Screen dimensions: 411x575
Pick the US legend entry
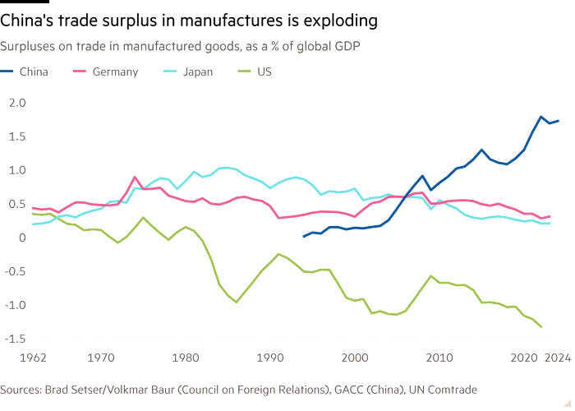coord(264,72)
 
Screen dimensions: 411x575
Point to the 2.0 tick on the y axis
coord(17,102)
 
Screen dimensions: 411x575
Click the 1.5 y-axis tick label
coord(17,136)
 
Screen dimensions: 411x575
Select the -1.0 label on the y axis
coord(16,304)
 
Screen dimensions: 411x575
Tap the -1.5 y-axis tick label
coord(16,338)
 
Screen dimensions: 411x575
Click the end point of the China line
coord(559,121)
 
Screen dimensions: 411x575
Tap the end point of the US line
coord(542,327)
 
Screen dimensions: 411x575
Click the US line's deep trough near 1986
coord(236,302)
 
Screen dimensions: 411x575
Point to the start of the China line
coord(303,236)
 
